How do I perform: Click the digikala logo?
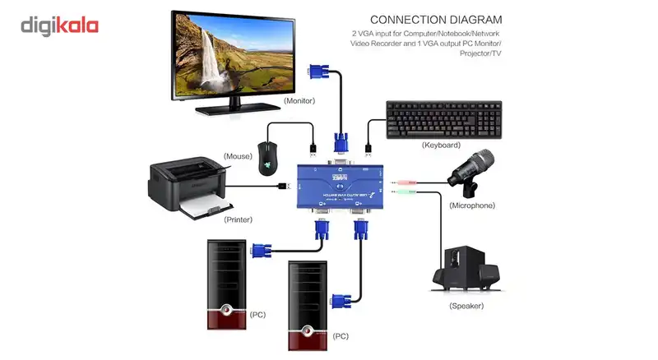[59, 25]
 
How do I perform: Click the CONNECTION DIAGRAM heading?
[436, 19]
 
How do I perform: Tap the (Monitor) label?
[299, 101]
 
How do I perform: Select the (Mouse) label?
[238, 155]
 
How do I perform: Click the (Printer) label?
[238, 219]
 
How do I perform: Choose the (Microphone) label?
[472, 205]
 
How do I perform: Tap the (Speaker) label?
[466, 306]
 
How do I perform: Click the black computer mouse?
[266, 155]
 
